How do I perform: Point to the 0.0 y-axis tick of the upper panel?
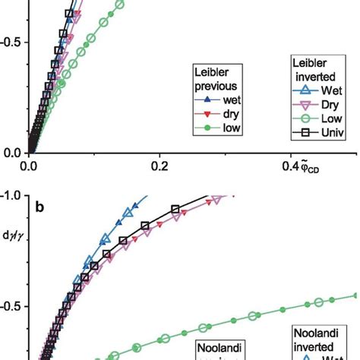pos(14,152)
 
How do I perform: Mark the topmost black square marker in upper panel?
pos(70,14)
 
